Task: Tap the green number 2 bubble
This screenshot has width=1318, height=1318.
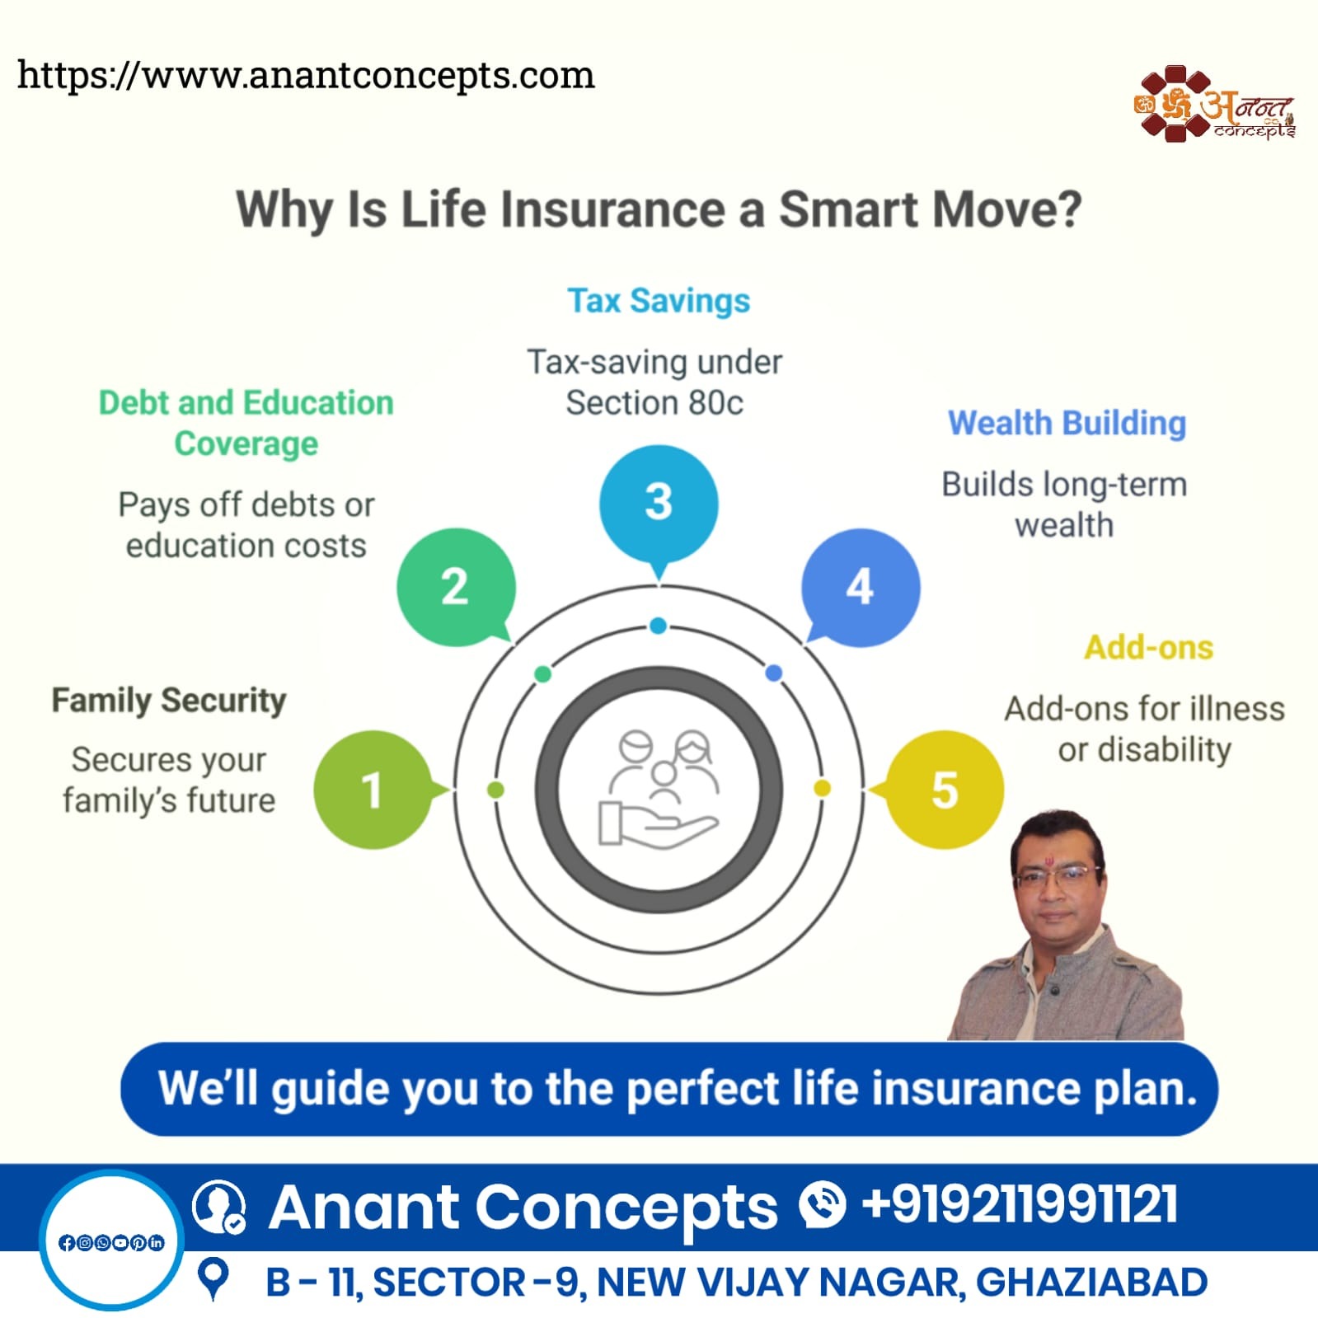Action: click(x=456, y=587)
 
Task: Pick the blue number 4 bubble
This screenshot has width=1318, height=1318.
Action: click(x=861, y=587)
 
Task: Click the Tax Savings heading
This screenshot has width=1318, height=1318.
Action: click(x=659, y=301)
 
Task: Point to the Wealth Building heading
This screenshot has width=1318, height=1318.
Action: click(x=1067, y=423)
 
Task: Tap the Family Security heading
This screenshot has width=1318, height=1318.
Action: click(x=169, y=701)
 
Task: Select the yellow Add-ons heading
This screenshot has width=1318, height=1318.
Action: click(x=1148, y=647)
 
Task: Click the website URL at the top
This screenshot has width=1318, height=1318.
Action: click(x=306, y=76)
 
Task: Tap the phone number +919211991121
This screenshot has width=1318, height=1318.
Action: click(x=1020, y=1204)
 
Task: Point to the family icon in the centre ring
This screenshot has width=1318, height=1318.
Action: click(x=659, y=789)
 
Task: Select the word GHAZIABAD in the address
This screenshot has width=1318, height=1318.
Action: click(x=1091, y=1282)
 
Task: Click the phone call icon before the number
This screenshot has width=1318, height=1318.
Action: click(x=822, y=1204)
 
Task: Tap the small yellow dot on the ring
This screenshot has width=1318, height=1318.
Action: click(x=822, y=789)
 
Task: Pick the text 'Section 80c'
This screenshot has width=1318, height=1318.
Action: click(x=654, y=403)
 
